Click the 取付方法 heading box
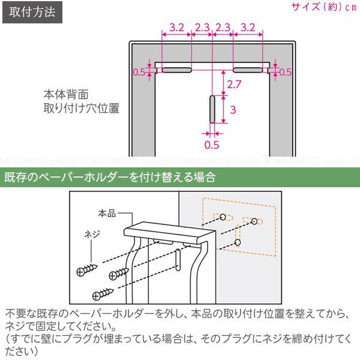tap(32, 12)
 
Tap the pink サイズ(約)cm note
tap(324, 7)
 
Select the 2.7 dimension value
tap(234, 84)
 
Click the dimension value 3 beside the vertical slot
tap(233, 110)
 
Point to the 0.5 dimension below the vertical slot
tap(212, 145)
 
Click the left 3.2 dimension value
tap(177, 28)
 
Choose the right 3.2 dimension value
tap(248, 28)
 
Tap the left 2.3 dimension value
tap(202, 28)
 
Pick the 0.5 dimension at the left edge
tap(139, 72)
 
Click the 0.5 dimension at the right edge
tap(285, 72)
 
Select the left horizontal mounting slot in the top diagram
tap(177, 70)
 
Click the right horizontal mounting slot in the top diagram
tap(248, 70)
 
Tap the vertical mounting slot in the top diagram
tap(212, 109)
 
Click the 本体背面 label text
tap(66, 95)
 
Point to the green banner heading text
tap(110, 177)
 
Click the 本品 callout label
tap(107, 214)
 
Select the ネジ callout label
tap(92, 235)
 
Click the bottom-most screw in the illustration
tap(103, 294)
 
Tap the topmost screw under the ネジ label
tap(87, 270)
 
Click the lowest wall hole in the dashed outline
tap(238, 242)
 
